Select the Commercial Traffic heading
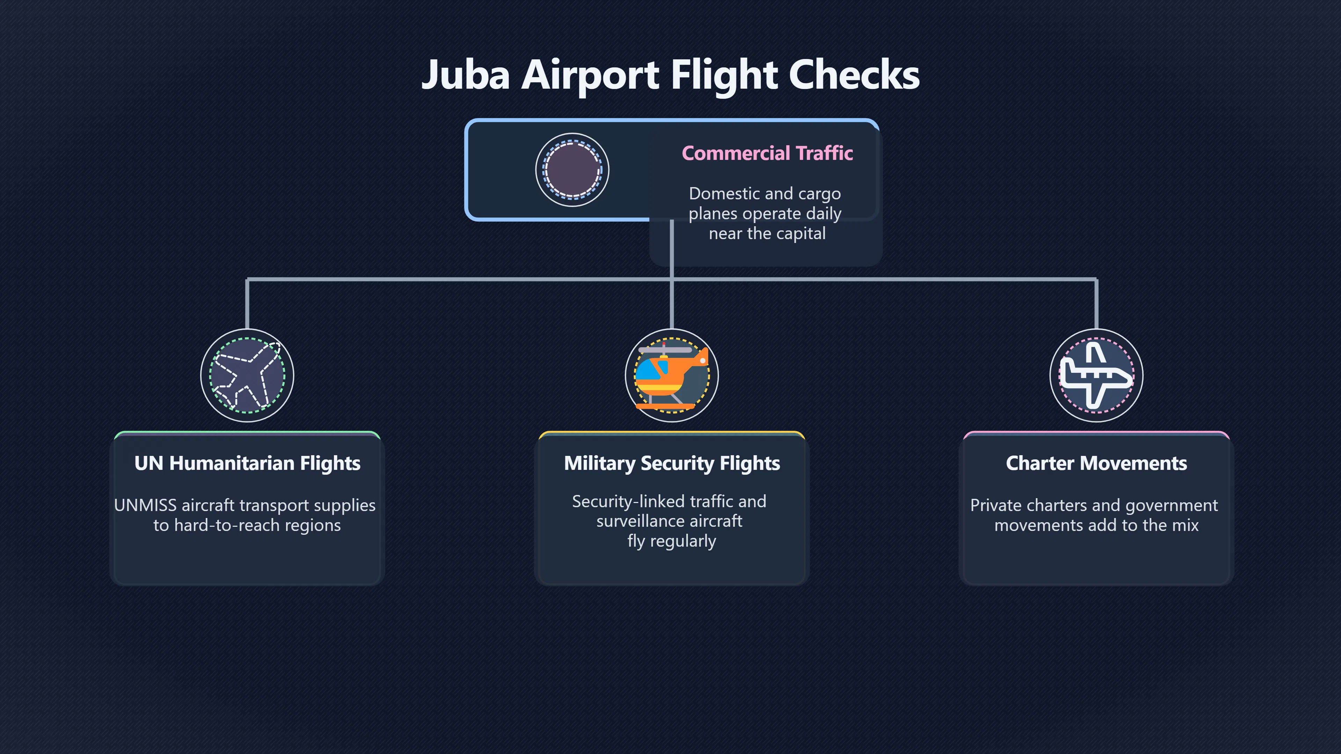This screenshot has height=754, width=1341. pos(767,153)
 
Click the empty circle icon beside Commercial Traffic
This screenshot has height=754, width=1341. pos(572,170)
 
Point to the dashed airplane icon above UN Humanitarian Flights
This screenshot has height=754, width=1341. pos(247,375)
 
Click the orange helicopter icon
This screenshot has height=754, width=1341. pos(672,375)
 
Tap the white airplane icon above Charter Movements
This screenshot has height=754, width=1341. pos(1096,375)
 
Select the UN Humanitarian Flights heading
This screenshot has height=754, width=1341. pos(247,463)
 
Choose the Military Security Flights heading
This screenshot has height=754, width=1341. pos(672,463)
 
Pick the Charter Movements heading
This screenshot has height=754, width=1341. pos(1096,463)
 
